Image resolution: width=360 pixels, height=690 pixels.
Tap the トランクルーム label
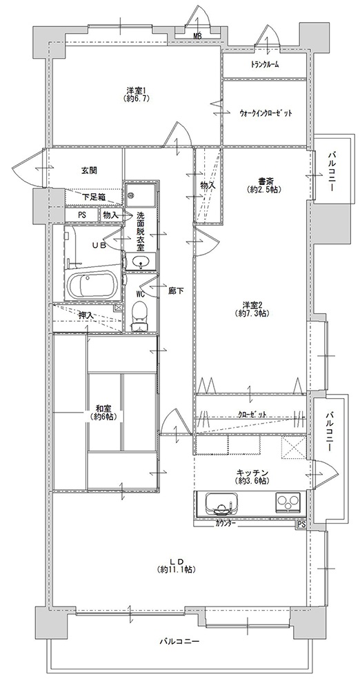(265, 65)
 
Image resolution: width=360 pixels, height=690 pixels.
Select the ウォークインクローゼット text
(266, 112)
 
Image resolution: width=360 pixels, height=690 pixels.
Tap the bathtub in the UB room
(92, 284)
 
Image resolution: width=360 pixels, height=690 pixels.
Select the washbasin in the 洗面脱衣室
(141, 262)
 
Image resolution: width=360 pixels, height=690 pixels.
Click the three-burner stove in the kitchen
(288, 502)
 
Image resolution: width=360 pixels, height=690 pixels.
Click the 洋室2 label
(252, 305)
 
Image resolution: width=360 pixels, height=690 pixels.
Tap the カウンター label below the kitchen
(226, 524)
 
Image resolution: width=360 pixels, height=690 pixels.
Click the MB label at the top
(197, 37)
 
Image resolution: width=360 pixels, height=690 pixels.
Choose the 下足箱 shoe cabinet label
(93, 197)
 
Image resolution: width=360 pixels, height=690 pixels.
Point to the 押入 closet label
(86, 315)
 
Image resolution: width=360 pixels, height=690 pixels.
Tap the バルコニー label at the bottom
(180, 641)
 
